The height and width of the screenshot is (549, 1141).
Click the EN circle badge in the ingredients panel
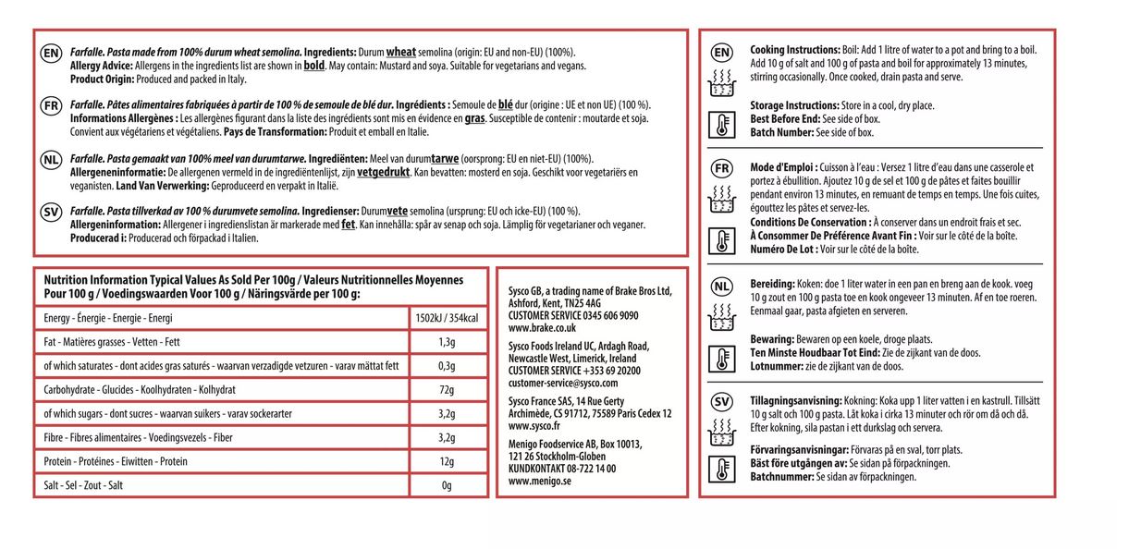52,55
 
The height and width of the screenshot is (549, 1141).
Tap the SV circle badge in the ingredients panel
52,213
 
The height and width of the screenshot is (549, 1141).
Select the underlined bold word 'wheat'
400,52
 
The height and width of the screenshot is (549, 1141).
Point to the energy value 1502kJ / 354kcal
447,318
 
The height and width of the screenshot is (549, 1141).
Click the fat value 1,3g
447,342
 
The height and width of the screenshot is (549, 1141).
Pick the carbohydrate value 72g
447,390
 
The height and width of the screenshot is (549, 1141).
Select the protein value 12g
447,461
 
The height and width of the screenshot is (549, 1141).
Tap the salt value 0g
447,485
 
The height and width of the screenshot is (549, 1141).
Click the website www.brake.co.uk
542,327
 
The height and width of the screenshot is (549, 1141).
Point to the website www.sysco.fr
534,426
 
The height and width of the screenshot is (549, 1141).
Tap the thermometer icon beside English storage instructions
721,125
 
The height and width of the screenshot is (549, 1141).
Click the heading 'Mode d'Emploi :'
783,167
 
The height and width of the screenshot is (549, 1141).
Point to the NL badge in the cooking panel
721,286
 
